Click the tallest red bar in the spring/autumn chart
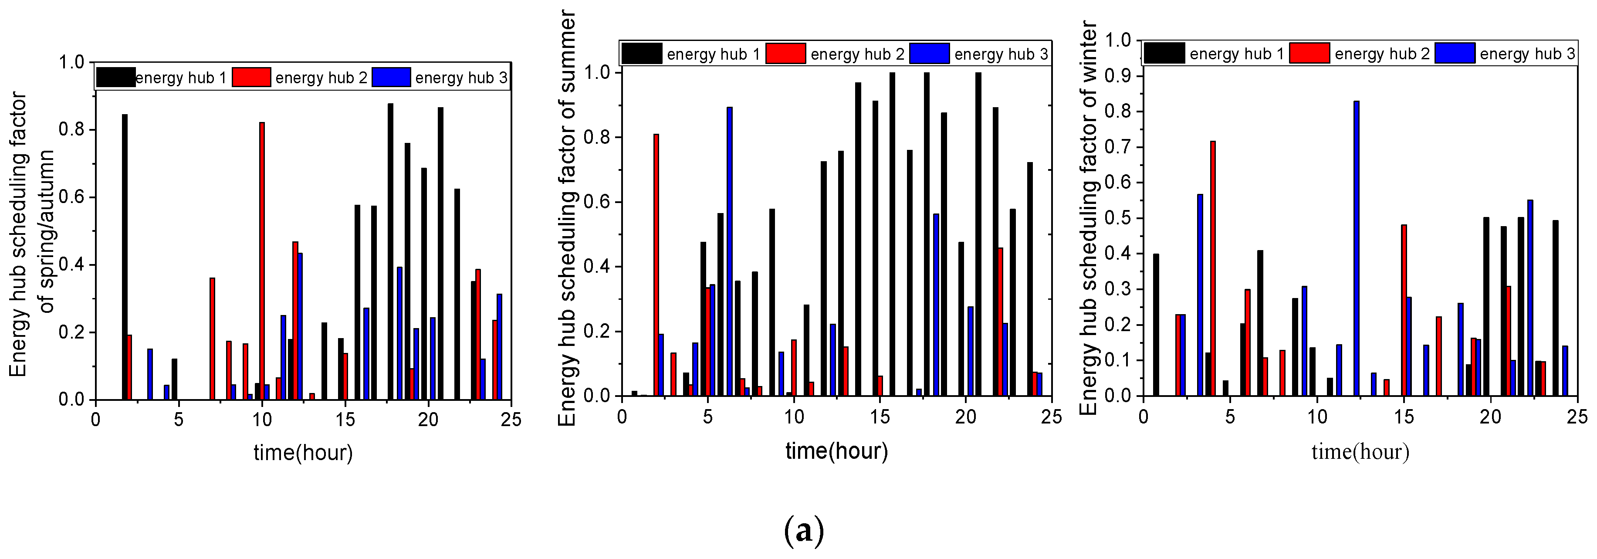tap(262, 260)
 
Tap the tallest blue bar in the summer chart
tap(730, 251)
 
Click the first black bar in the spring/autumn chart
tap(125, 257)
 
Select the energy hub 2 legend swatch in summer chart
tap(785, 54)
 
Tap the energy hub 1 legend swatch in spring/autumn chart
tap(116, 78)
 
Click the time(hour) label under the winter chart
tap(1360, 452)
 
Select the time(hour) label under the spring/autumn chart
tap(303, 453)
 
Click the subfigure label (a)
tap(804, 531)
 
